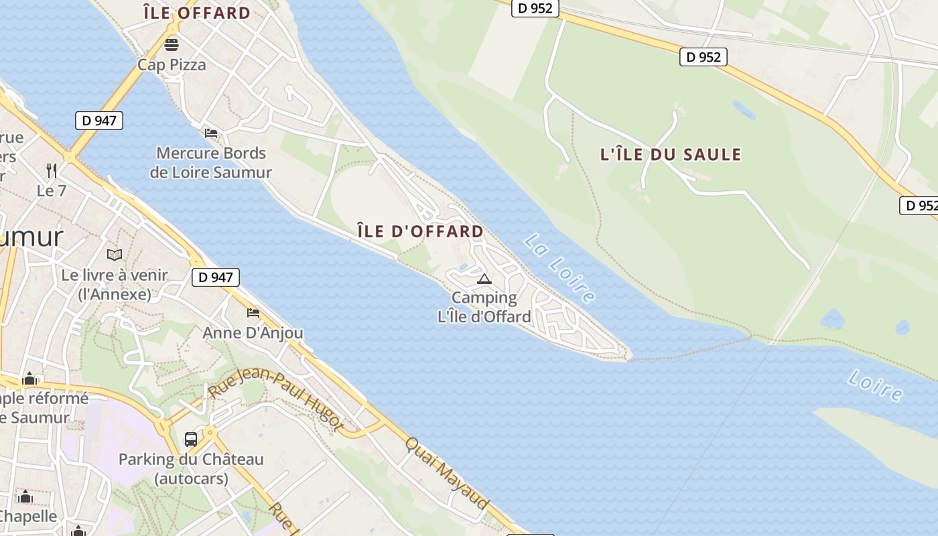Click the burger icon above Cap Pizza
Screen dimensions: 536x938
172,45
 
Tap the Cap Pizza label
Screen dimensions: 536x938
172,65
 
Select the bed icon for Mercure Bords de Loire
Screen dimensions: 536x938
211,133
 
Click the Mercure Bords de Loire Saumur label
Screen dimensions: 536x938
210,163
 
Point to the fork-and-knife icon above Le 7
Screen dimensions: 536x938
51,170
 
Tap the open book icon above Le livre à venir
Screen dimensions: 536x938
115,255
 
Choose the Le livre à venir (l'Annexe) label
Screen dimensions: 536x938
115,285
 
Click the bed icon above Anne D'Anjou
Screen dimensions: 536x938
253,312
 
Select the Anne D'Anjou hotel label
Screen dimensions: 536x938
253,333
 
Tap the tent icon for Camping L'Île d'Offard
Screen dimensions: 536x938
484,279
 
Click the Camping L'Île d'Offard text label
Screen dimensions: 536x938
484,308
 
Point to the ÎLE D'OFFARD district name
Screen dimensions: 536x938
420,232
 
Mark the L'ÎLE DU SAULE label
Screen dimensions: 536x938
670,155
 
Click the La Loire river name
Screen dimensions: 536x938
560,267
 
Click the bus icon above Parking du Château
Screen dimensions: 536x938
191,440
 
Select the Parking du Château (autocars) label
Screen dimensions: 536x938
191,469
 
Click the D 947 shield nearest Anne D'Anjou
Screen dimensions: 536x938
216,277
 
